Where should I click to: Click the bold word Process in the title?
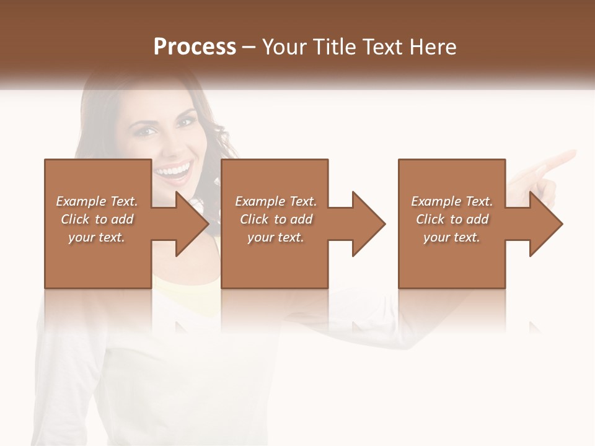coord(195,47)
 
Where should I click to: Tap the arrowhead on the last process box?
coord(545,224)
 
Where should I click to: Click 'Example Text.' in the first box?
coord(97,201)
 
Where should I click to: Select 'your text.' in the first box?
coord(97,237)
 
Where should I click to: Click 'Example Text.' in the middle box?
coord(276,201)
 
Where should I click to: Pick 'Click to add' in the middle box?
coord(276,219)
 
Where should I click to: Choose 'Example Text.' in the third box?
coord(452,201)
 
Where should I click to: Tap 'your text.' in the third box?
coord(452,237)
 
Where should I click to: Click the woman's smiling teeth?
coord(175,169)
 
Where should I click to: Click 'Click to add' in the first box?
coord(97,219)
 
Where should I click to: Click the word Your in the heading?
coord(282,47)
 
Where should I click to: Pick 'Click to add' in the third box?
coord(452,219)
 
